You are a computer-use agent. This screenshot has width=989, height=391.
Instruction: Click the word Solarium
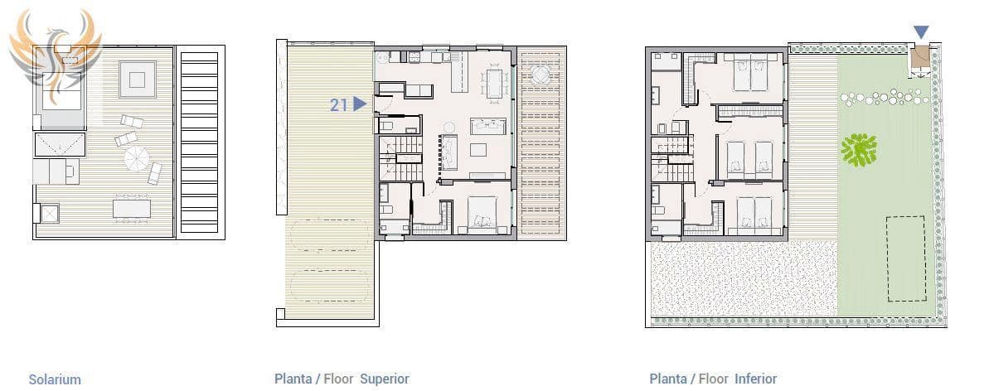coord(55,379)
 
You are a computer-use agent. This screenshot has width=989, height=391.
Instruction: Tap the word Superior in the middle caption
coord(385,379)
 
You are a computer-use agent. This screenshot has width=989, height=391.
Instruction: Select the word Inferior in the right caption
coord(755,379)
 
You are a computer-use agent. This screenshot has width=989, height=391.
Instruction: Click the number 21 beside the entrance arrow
coord(339,104)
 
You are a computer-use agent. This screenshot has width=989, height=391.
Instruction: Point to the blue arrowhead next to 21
coord(360,104)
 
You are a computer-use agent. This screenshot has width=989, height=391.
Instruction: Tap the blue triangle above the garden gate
coord(921,32)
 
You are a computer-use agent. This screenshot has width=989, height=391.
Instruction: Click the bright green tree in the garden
coord(859,150)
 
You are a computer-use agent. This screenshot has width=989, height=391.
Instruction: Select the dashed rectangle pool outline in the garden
coord(906,258)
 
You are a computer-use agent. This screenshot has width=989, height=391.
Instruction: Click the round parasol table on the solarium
coord(136,158)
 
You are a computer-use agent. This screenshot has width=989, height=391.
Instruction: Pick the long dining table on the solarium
coord(132,208)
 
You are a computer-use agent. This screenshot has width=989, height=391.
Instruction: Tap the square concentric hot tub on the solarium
coord(138,80)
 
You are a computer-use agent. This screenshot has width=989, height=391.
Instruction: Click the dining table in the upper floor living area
coord(495,84)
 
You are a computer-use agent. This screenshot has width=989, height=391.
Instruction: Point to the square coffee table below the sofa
coord(478,149)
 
